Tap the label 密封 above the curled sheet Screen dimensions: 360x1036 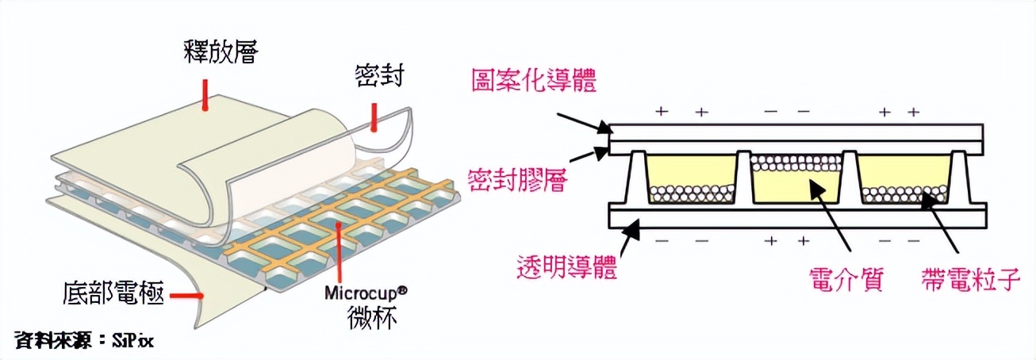[x=379, y=77]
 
